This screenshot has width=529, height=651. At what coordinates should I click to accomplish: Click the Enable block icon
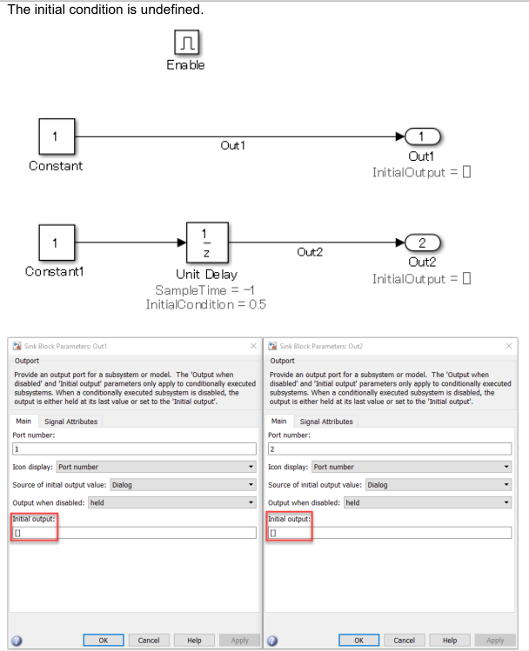tap(186, 42)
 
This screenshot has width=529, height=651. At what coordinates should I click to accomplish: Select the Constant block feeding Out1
tap(56, 136)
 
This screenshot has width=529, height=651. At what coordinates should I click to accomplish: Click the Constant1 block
tap(56, 242)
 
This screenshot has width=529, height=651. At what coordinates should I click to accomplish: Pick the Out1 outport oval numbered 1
tap(421, 136)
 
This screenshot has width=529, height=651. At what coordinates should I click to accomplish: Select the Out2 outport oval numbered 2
tap(421, 242)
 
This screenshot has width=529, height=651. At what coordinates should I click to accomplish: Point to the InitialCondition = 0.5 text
tap(206, 304)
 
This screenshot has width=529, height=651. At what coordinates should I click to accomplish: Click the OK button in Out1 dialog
tap(104, 640)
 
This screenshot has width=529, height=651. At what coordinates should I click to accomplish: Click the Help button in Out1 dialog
tap(194, 640)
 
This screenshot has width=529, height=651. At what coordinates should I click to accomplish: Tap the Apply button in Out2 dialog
tap(494, 640)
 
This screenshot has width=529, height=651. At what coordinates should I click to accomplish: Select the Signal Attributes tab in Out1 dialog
tap(71, 422)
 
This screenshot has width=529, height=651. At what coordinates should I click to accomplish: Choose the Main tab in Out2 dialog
tap(278, 422)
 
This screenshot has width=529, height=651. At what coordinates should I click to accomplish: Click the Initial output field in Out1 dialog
tap(134, 532)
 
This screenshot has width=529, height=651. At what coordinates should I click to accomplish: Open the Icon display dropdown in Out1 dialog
tap(155, 467)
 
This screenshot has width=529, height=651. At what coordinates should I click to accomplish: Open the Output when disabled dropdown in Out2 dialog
tap(426, 502)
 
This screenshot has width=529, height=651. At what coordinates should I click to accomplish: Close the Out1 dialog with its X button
tap(253, 346)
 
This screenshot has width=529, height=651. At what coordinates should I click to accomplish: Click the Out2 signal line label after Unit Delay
tap(310, 252)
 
